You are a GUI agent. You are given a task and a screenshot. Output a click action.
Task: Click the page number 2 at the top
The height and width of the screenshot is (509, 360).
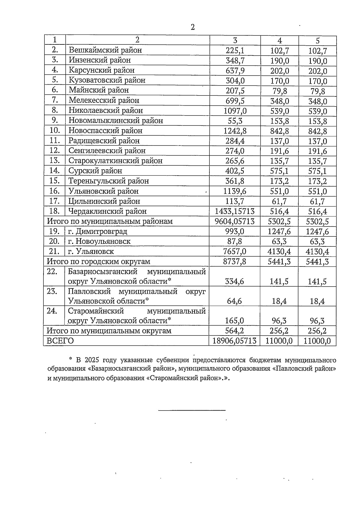tap(193, 27)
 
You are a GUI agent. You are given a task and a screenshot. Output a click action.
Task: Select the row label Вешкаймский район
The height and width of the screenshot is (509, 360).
tap(105, 50)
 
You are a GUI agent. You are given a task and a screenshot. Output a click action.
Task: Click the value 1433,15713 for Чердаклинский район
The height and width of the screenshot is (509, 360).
tap(235, 211)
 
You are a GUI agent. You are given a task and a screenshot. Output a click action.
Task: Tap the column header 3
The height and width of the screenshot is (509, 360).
tap(235, 41)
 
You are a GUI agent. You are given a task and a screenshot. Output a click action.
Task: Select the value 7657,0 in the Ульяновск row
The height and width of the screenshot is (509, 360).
tap(235, 251)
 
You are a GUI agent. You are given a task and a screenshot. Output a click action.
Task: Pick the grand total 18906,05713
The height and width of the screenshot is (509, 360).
tap(235, 341)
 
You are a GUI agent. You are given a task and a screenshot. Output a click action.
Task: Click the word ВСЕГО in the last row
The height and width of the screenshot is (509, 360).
tap(60, 341)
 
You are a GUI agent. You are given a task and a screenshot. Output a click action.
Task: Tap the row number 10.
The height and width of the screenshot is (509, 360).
tap(55, 131)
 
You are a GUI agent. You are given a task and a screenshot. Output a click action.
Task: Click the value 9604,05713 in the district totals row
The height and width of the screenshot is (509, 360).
tap(235, 221)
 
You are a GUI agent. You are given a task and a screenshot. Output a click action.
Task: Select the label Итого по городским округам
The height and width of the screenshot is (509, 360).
tap(98, 262)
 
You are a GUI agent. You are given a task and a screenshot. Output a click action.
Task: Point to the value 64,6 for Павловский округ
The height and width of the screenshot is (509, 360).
tap(235, 301)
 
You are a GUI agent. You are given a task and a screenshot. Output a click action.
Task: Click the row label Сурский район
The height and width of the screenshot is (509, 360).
tap(95, 171)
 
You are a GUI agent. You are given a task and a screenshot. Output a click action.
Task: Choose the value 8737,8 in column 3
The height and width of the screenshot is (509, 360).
tap(235, 262)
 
